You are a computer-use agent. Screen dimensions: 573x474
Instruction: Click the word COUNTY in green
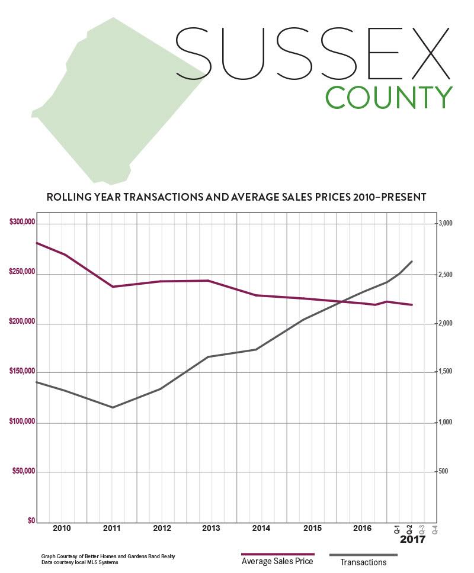[x=389, y=98]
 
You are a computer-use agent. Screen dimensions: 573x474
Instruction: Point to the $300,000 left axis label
[x=23, y=223]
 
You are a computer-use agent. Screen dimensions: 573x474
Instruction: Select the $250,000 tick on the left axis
[x=23, y=273]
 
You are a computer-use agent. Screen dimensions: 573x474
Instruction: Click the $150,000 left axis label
[x=23, y=372]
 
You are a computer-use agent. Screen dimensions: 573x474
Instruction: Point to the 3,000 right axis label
[x=445, y=223]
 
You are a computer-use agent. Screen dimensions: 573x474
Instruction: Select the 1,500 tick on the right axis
[x=445, y=372]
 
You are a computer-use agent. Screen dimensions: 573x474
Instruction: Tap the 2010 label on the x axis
[x=62, y=527]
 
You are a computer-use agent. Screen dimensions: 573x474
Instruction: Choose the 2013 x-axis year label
[x=212, y=527]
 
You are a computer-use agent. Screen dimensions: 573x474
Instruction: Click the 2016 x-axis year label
[x=361, y=527]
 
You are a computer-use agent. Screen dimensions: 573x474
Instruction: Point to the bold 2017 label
[x=412, y=540]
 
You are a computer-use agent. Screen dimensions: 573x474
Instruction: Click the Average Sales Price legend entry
[x=277, y=561]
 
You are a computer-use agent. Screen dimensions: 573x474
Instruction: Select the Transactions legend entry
[x=364, y=562]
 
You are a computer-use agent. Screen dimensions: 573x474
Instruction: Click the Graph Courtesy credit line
[x=108, y=556]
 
